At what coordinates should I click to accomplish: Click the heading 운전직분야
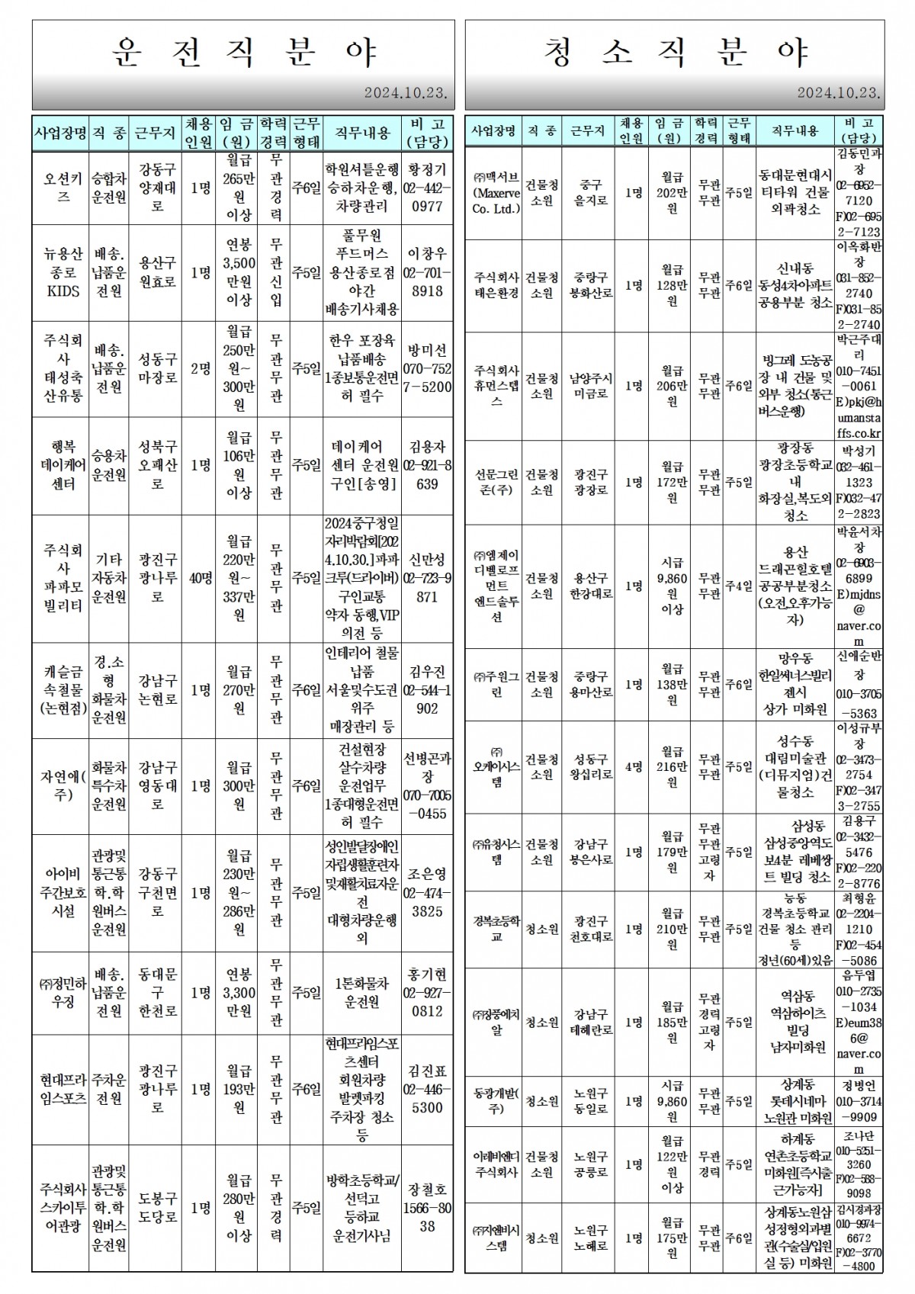tap(243, 53)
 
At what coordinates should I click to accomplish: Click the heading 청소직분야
tap(676, 53)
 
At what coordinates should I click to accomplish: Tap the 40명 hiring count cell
tap(201, 578)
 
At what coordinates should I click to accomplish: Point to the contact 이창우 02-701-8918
tap(427, 272)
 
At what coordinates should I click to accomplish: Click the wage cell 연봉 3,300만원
tap(239, 993)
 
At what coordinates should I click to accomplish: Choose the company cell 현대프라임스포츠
tap(59, 1089)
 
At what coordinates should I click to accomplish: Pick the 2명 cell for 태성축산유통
tap(201, 368)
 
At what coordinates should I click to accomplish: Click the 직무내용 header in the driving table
tap(361, 133)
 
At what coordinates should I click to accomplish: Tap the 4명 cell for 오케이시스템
tap(633, 767)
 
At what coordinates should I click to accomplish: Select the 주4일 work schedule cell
tap(738, 586)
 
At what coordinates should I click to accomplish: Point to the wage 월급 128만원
tap(672, 285)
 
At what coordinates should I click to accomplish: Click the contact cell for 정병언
tap(859, 1101)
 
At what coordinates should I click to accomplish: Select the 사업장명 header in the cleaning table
tap(493, 131)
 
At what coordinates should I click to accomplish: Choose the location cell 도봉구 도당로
tap(157, 1207)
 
